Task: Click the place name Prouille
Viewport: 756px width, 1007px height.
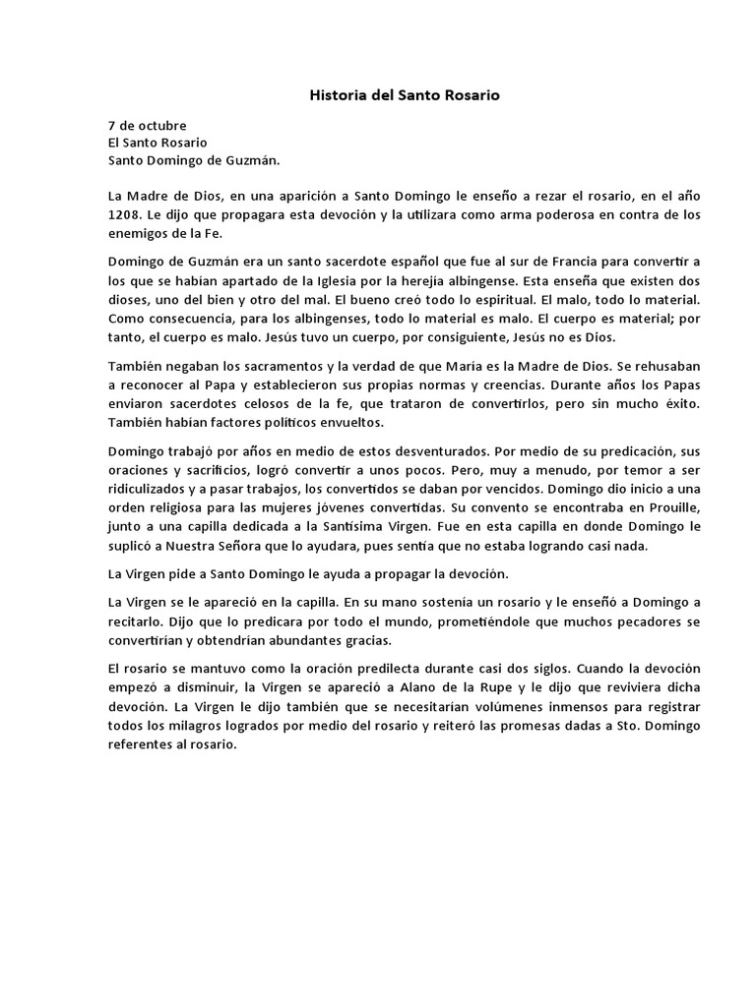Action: click(670, 505)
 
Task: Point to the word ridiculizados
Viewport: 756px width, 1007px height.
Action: click(149, 488)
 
